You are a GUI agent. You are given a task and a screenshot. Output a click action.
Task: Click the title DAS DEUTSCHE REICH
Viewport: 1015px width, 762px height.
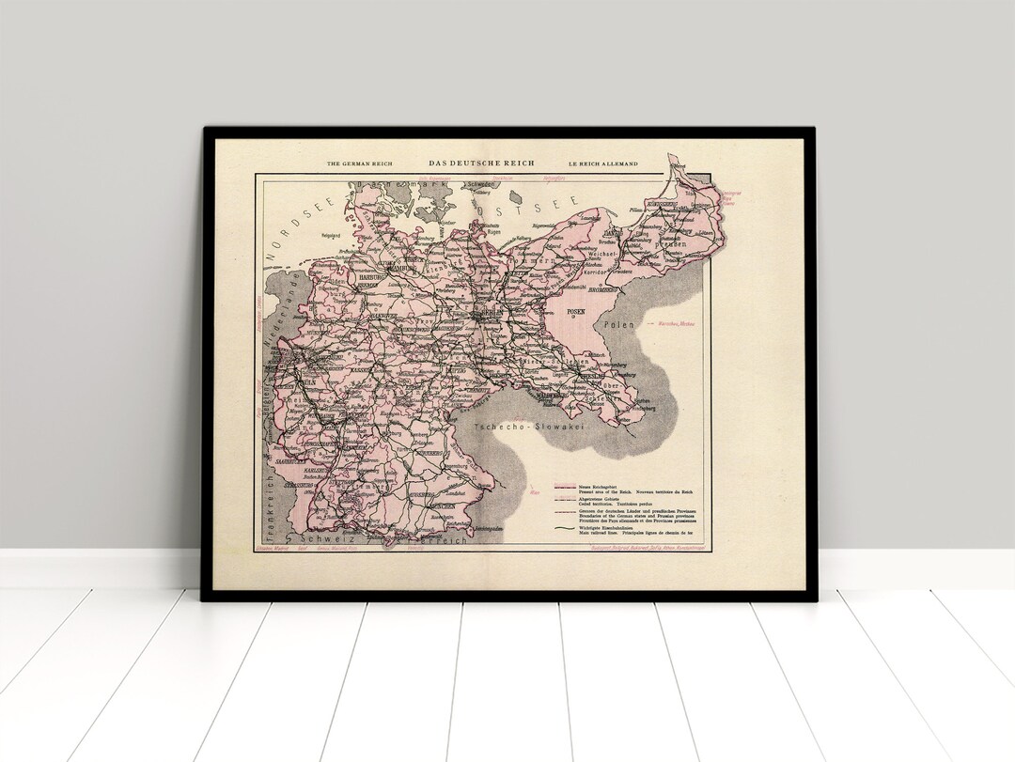point(481,163)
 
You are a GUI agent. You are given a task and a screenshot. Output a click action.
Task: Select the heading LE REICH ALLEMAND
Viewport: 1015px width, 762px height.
point(601,163)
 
